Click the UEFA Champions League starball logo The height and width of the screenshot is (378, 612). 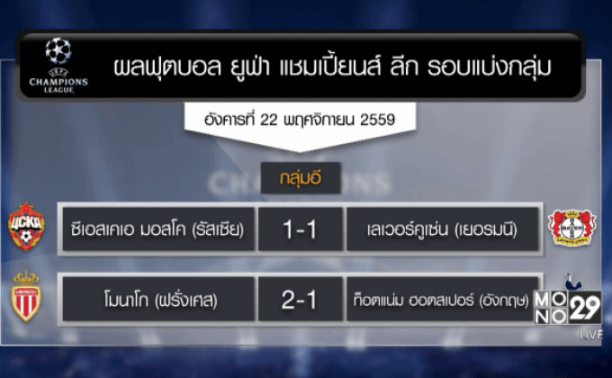(x=58, y=52)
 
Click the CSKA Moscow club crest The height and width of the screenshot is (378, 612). (x=26, y=227)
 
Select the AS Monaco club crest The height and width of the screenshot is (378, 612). (x=26, y=296)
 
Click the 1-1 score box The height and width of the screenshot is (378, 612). (x=300, y=230)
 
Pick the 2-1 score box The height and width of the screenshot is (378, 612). (x=300, y=300)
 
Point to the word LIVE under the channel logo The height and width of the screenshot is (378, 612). (x=590, y=334)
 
